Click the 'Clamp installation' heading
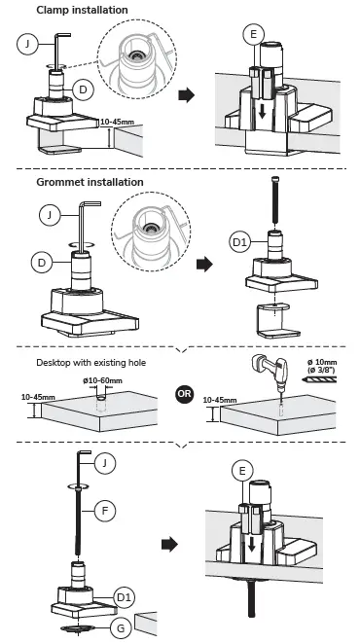coord(82,10)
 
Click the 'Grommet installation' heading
coord(90,182)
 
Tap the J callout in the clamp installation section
coord(27,44)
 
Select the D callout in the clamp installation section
coord(83,89)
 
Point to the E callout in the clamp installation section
coord(253,34)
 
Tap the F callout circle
coord(105,511)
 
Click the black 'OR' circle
coord(184,394)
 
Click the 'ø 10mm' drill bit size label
coord(322,362)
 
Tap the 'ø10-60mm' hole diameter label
coord(102,380)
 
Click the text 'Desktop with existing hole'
coord(91,363)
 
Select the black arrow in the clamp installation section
coord(186,95)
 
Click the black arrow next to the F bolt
coord(169,545)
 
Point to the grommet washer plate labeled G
coord(77,628)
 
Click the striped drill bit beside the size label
coord(319,380)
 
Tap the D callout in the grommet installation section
coord(42,262)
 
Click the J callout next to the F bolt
coord(105,463)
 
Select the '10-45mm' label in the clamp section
coord(117,122)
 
